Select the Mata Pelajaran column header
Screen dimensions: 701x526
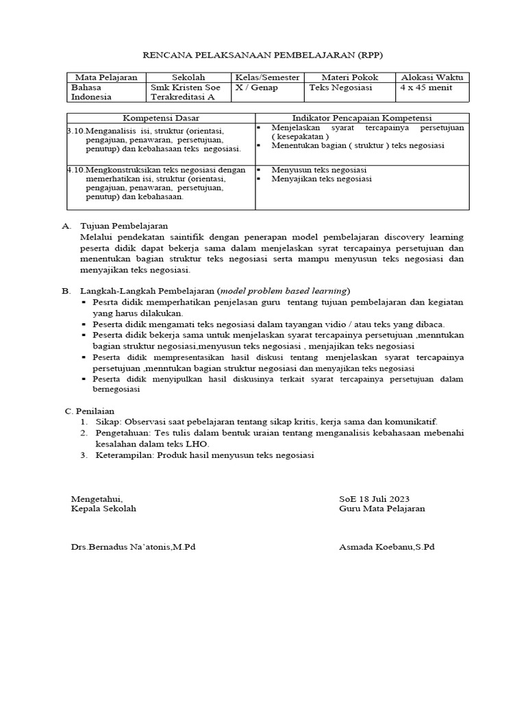(106, 77)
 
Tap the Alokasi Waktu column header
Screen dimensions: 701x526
(431, 77)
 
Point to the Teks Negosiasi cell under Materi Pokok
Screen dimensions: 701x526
(340, 88)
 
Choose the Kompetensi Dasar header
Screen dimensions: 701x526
(161, 118)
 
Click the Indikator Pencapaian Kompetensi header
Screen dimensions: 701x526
(362, 118)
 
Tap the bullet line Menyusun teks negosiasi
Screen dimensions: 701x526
(319, 169)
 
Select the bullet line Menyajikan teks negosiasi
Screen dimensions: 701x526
(321, 179)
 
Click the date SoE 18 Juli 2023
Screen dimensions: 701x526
(374, 498)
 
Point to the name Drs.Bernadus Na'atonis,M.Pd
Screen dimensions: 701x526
(134, 547)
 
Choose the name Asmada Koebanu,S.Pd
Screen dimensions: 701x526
(386, 547)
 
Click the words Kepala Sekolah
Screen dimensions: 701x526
(103, 509)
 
